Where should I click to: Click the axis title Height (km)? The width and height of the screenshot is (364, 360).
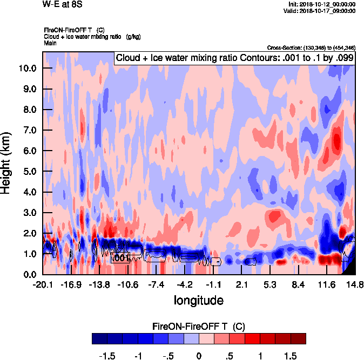[x=7, y=164]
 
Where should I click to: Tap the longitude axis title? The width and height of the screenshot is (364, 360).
[x=198, y=300]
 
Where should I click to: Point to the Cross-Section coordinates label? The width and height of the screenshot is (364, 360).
[x=311, y=48]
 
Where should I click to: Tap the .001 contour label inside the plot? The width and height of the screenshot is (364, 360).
[x=120, y=259]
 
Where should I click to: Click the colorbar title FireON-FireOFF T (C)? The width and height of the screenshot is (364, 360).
[x=199, y=327]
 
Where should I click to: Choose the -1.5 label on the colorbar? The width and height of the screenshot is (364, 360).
[x=109, y=356]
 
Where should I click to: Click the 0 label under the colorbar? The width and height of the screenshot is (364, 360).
[x=199, y=356]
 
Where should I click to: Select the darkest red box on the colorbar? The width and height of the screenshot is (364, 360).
[x=298, y=338]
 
